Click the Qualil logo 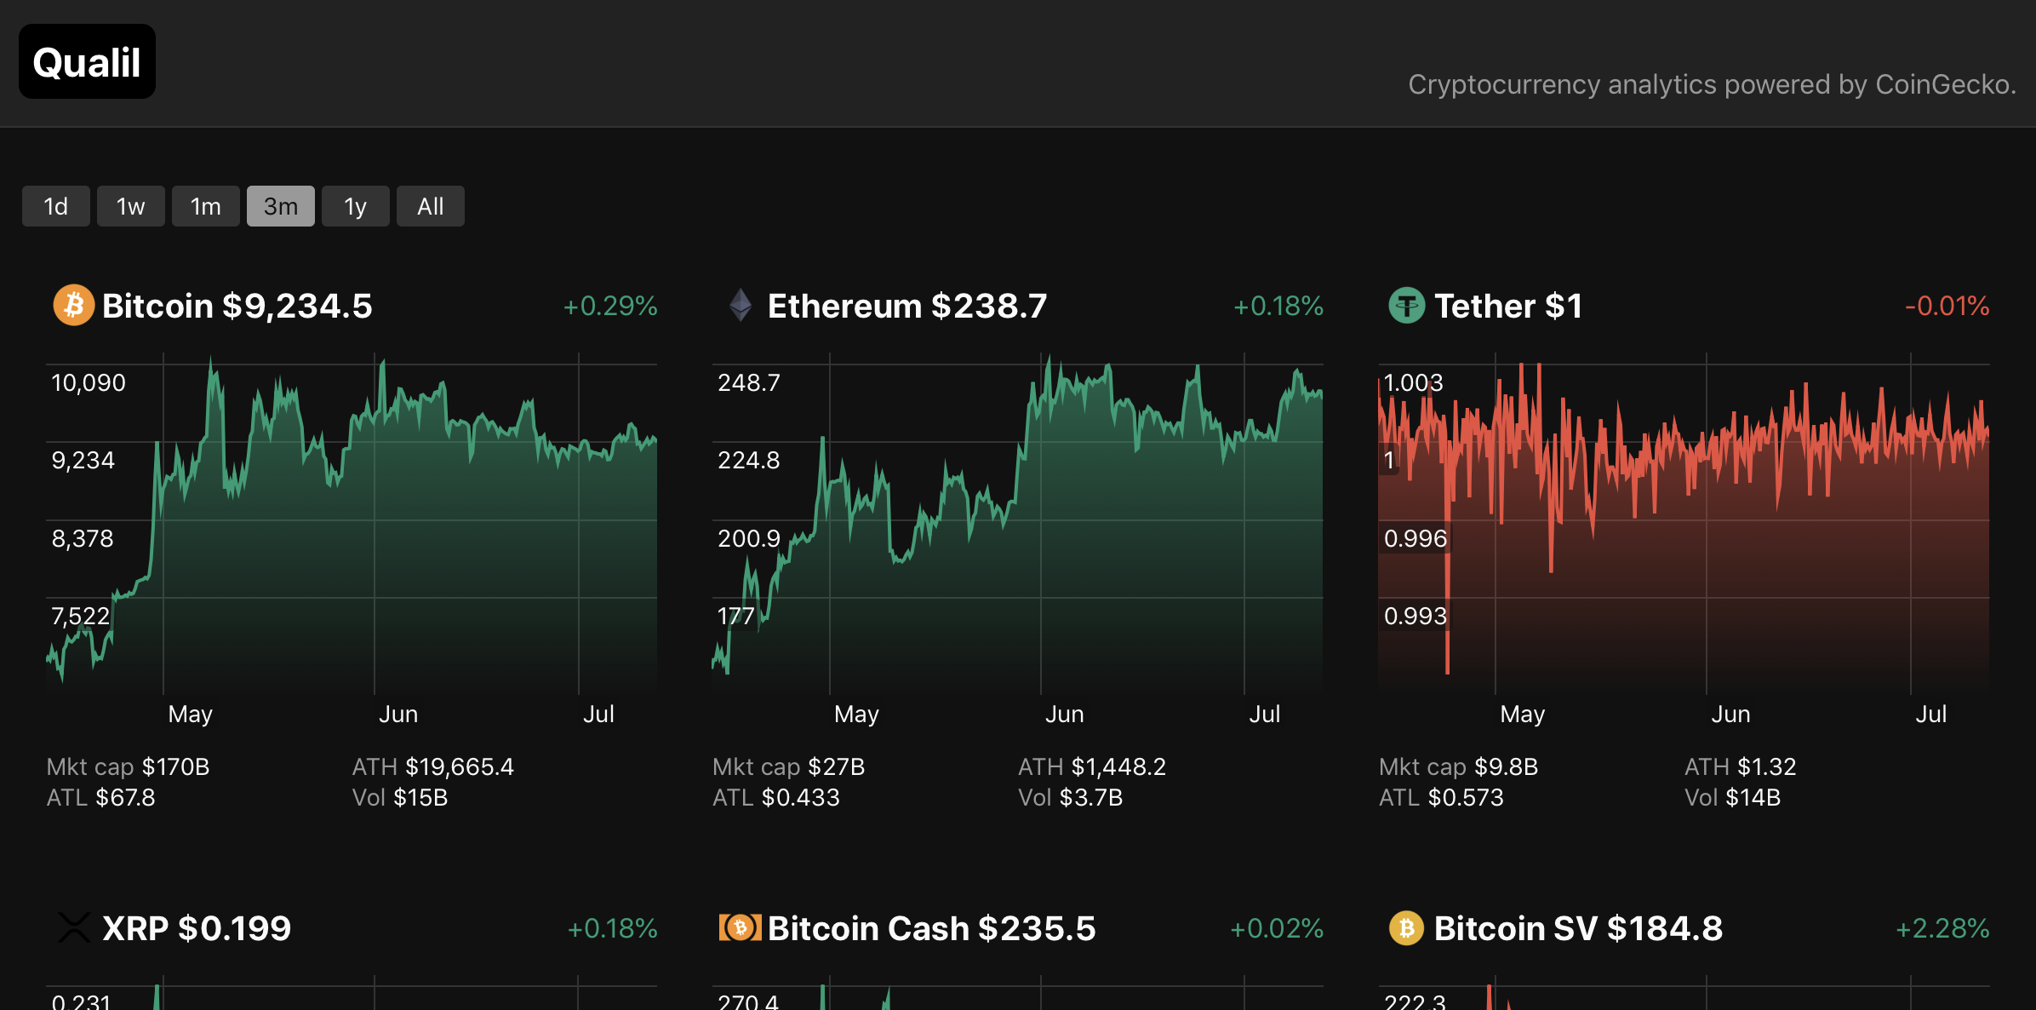(87, 62)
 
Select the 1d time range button (56, 206)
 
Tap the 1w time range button (131, 206)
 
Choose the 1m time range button (206, 206)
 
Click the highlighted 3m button (281, 206)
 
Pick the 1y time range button (356, 206)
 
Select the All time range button (431, 206)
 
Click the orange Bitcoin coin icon (74, 305)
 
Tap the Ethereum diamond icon (741, 305)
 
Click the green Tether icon (1406, 305)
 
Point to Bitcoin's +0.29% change (610, 306)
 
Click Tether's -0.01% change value (1947, 306)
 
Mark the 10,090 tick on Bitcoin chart (89, 383)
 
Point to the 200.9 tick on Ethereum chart (749, 538)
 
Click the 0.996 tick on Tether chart (1415, 538)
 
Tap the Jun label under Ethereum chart (1064, 714)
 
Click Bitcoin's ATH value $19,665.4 (460, 766)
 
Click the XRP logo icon (74, 927)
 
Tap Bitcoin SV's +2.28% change (1942, 928)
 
